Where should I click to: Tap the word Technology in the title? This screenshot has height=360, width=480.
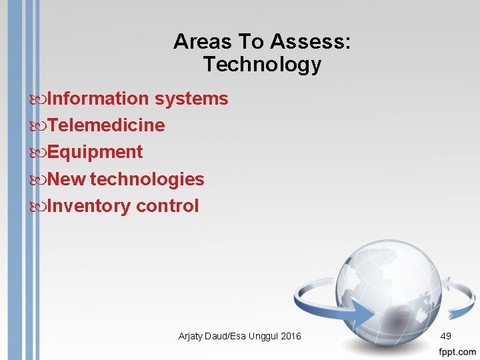click(x=262, y=65)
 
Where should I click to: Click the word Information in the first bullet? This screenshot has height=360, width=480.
click(x=99, y=99)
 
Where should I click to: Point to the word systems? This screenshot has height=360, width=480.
click(x=191, y=99)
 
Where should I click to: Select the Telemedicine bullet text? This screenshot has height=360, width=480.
click(x=106, y=125)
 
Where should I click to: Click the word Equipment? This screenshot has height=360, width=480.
click(x=95, y=152)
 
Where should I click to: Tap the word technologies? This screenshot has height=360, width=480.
click(x=147, y=179)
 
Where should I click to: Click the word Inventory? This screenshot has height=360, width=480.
click(x=89, y=206)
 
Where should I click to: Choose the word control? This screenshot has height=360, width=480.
click(x=167, y=206)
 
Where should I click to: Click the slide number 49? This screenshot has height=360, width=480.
click(x=447, y=336)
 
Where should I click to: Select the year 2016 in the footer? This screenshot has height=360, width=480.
click(x=290, y=336)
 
